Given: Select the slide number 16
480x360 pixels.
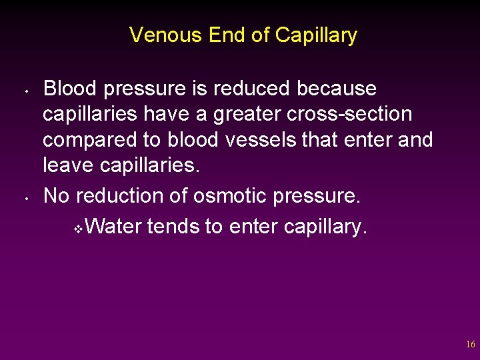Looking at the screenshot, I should [471, 345].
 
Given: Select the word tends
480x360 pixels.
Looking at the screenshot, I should [174, 227].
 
